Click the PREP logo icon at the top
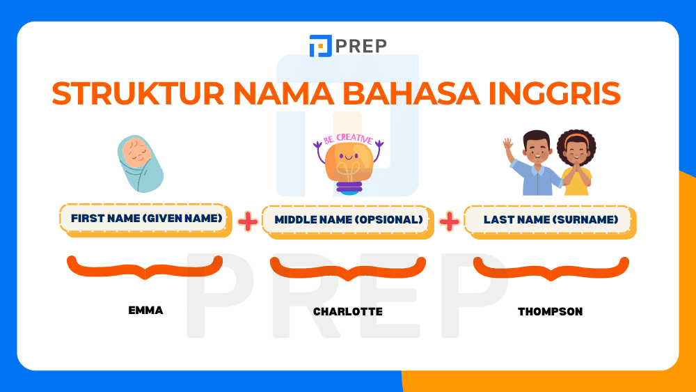pos(320,46)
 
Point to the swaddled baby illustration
pos(139,164)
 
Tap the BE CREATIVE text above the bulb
pos(348,139)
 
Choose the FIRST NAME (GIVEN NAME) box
pos(145,219)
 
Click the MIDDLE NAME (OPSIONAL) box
pos(348,220)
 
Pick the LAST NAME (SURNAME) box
pos(551,220)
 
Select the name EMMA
pos(145,311)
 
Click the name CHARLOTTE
pos(348,312)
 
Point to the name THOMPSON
pos(551,312)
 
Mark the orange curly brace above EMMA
pos(145,267)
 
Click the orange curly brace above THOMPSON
pos(551,269)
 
